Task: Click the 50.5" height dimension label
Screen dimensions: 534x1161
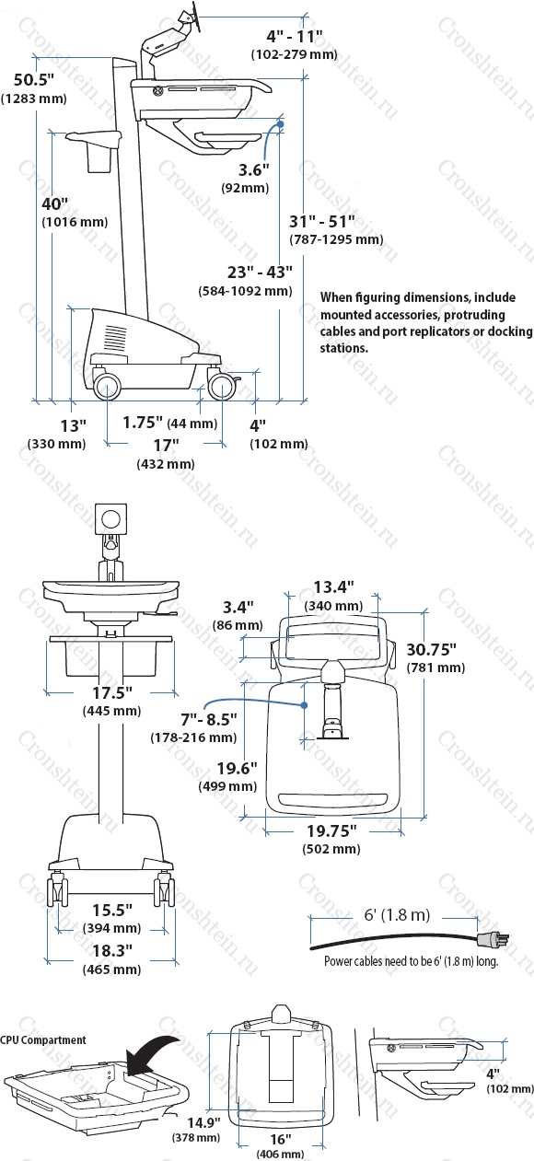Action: click(x=34, y=80)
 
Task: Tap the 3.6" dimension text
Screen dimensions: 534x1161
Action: click(x=254, y=169)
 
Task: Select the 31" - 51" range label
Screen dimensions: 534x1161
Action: click(x=322, y=221)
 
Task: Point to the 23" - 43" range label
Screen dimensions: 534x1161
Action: click(x=260, y=272)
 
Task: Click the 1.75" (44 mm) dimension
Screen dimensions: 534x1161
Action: click(x=170, y=423)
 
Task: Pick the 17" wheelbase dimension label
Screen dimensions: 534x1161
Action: click(x=167, y=445)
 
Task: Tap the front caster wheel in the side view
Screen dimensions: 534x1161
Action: click(x=223, y=388)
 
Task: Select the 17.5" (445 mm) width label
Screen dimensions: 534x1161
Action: click(x=112, y=702)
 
